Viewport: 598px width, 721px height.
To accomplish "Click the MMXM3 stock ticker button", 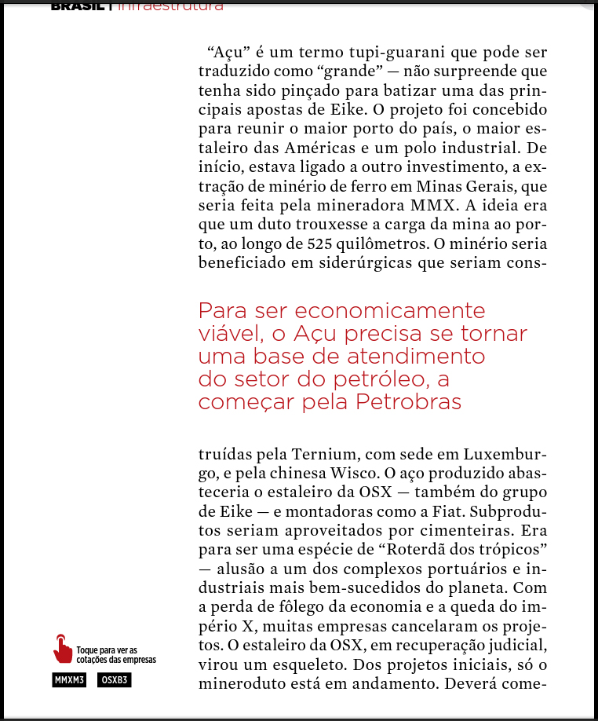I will [69, 680].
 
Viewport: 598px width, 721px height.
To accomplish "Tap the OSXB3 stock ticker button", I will [115, 680].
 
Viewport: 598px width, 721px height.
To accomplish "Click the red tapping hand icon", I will [62, 649].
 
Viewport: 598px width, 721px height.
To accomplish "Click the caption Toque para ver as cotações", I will [116, 654].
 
